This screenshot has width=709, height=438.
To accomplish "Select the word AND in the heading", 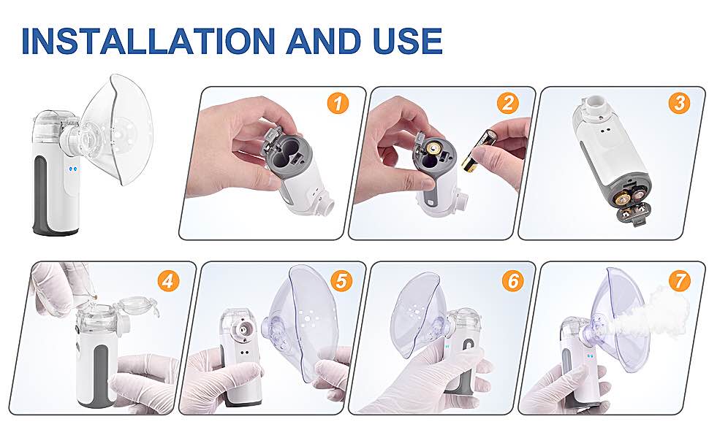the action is coord(323,41).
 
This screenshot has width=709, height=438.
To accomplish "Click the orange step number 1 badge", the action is coord(338,104).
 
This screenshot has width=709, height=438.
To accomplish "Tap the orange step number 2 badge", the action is coord(508,104).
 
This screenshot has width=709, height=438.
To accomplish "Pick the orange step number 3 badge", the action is coord(680,104).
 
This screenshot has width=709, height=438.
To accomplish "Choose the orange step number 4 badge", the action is coord(169,281).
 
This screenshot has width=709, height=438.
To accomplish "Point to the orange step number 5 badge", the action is coord(341,281).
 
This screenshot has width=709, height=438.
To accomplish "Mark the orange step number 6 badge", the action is coord(513,281).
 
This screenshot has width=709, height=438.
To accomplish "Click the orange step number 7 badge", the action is coord(680,281).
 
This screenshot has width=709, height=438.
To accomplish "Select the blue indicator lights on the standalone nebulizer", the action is coord(73,170).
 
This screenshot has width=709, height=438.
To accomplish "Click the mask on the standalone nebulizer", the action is coord(118,130).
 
